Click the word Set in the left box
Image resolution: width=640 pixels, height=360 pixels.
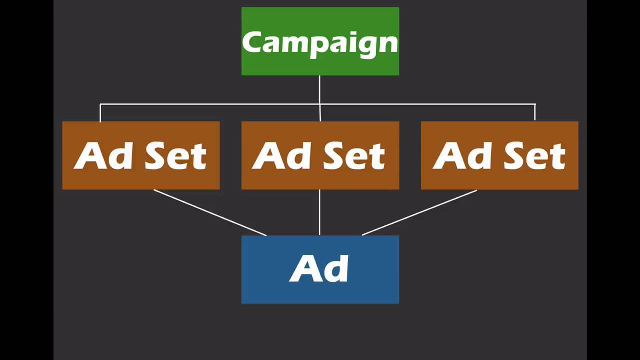175,155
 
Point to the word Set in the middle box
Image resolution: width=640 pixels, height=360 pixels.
354,155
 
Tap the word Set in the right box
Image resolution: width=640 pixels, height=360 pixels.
534,155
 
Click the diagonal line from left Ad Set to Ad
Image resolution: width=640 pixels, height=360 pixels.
210,212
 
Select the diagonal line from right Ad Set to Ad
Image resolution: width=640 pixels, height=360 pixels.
419,212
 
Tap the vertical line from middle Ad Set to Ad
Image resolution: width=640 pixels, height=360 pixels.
319,212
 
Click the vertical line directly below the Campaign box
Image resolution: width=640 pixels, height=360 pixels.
319,90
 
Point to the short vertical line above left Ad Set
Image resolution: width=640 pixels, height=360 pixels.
100,113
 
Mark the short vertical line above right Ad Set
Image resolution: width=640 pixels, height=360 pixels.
535,113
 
